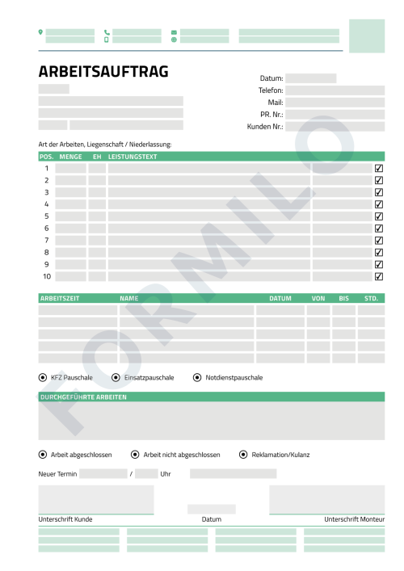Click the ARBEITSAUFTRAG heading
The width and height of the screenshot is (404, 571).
tap(103, 72)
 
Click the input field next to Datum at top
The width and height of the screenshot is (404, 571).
tap(310, 78)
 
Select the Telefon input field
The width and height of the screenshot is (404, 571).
tap(335, 90)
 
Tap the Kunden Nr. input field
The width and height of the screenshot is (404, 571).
tap(335, 127)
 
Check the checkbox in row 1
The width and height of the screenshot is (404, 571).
tap(379, 169)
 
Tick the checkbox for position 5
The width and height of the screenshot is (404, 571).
tap(379, 216)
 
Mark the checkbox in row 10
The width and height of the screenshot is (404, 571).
tap(379, 276)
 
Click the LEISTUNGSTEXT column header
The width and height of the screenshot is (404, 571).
tap(133, 157)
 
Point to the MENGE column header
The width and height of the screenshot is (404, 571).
tap(71, 157)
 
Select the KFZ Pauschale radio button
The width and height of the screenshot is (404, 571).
tap(43, 377)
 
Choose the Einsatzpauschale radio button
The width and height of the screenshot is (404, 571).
tap(116, 377)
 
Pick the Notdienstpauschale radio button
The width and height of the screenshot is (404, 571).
tap(197, 377)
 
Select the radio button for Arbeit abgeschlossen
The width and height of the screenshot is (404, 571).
tap(43, 455)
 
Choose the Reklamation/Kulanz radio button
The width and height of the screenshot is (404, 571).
tap(243, 455)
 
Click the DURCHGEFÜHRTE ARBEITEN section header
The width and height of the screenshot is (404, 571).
tap(83, 397)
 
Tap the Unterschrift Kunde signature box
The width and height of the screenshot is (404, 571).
tap(95, 499)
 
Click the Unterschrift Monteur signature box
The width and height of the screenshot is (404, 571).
tap(326, 499)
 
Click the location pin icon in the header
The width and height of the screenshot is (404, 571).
tap(40, 32)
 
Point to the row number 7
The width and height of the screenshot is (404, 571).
tap(46, 240)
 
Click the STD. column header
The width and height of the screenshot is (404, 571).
tap(371, 299)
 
